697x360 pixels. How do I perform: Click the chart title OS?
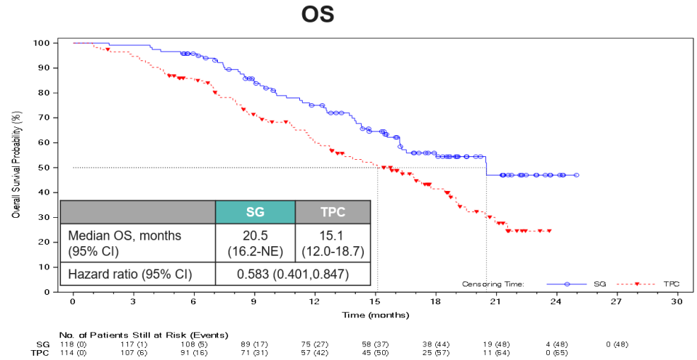[x=318, y=15]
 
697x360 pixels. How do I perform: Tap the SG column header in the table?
[x=255, y=212]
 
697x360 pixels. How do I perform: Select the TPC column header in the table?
[x=333, y=212]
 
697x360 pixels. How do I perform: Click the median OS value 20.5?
[x=255, y=235]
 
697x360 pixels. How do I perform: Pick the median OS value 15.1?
[x=333, y=235]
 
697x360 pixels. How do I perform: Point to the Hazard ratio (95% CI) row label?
[x=128, y=274]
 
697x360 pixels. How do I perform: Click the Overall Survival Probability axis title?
[x=16, y=167]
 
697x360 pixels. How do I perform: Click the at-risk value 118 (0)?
[x=72, y=344]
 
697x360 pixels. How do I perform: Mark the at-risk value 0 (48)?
[x=617, y=344]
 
